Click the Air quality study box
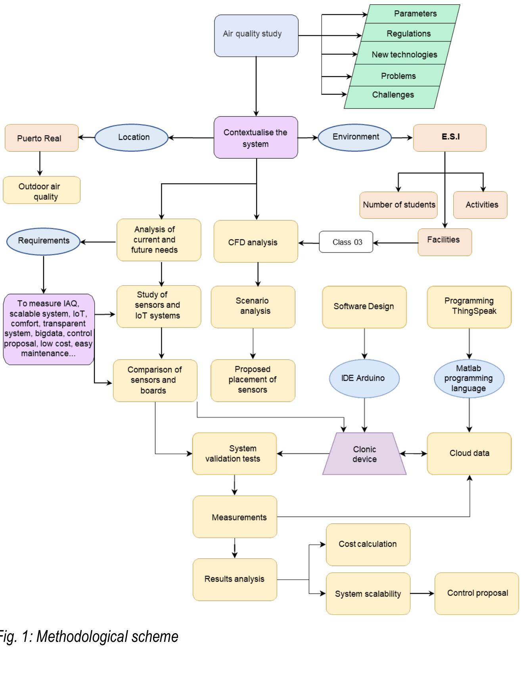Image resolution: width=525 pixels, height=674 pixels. click(x=256, y=36)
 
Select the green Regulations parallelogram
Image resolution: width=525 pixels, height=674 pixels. click(x=408, y=34)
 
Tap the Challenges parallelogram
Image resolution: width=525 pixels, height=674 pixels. click(x=393, y=95)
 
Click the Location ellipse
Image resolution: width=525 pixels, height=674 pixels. click(x=131, y=138)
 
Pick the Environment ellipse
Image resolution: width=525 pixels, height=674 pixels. click(x=355, y=137)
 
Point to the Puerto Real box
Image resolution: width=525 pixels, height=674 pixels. click(x=42, y=138)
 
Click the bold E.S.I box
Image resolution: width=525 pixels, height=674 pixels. click(x=450, y=138)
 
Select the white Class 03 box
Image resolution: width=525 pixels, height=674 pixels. click(x=346, y=242)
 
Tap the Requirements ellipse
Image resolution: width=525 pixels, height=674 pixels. click(x=44, y=241)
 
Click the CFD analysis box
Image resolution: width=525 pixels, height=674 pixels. click(x=256, y=241)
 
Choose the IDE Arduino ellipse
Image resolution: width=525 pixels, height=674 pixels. click(x=364, y=378)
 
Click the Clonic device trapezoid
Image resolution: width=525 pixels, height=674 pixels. click(x=364, y=454)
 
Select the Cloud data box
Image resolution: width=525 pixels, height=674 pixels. click(x=469, y=454)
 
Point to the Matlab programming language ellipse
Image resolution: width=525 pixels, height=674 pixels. click(x=469, y=378)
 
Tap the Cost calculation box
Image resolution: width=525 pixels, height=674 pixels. click(x=368, y=544)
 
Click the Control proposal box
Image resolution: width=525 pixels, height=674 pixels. click(x=477, y=593)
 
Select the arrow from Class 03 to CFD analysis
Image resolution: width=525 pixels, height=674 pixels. click(x=308, y=243)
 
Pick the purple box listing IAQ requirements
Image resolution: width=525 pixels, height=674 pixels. click(x=48, y=329)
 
